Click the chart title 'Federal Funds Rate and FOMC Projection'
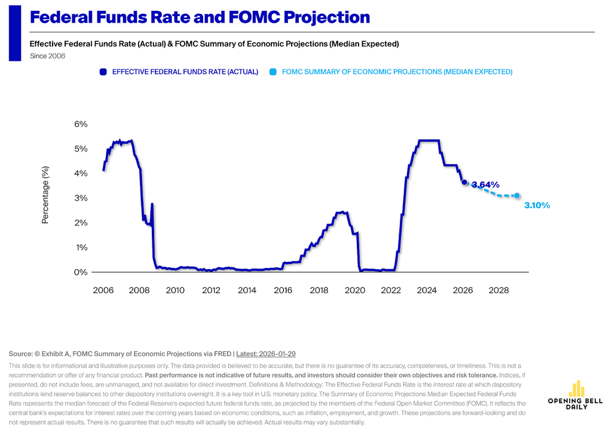click(x=200, y=17)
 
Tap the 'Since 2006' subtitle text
click(x=48, y=56)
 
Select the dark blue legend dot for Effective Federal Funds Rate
click(x=103, y=72)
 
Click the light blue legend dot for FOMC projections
click(x=273, y=72)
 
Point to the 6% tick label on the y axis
click(x=81, y=124)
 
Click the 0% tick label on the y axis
click(x=81, y=272)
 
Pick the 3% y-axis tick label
click(x=81, y=198)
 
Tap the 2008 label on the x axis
click(x=139, y=290)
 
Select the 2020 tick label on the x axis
click(x=355, y=290)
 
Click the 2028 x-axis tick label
click(x=499, y=290)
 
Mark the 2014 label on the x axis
click(x=247, y=290)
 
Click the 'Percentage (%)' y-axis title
click(x=45, y=195)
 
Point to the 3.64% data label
click(x=485, y=184)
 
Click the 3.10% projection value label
click(x=537, y=205)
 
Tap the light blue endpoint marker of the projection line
click(x=517, y=196)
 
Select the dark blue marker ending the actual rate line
click(x=464, y=182)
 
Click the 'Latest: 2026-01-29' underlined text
click(x=266, y=354)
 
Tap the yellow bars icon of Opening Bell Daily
click(x=576, y=389)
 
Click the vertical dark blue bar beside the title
click(x=15, y=33)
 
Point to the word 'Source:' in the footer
click(x=21, y=354)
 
